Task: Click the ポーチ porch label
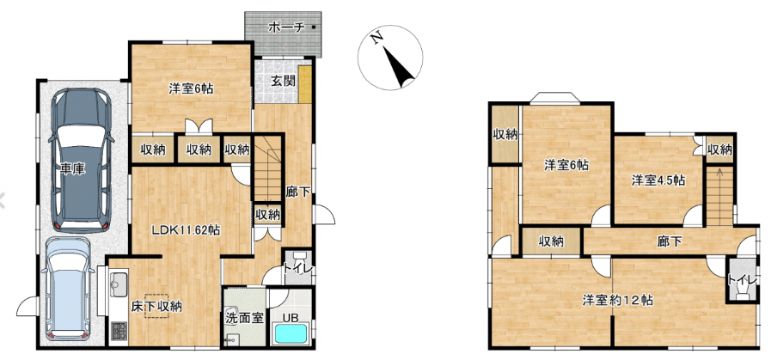pyautogui.click(x=286, y=27)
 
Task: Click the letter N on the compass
pyautogui.click(x=377, y=38)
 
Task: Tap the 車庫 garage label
pyautogui.click(x=73, y=169)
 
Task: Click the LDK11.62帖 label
pyautogui.click(x=185, y=229)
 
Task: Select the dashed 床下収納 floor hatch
pyautogui.click(x=156, y=307)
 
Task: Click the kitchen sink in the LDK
pyautogui.click(x=119, y=283)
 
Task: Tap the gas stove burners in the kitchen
pyautogui.click(x=119, y=331)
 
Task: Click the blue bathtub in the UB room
pyautogui.click(x=291, y=334)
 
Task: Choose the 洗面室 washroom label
pyautogui.click(x=244, y=317)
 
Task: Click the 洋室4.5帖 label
pyautogui.click(x=658, y=180)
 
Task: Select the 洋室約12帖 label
pyautogui.click(x=618, y=300)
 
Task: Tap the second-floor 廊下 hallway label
pyautogui.click(x=670, y=241)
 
